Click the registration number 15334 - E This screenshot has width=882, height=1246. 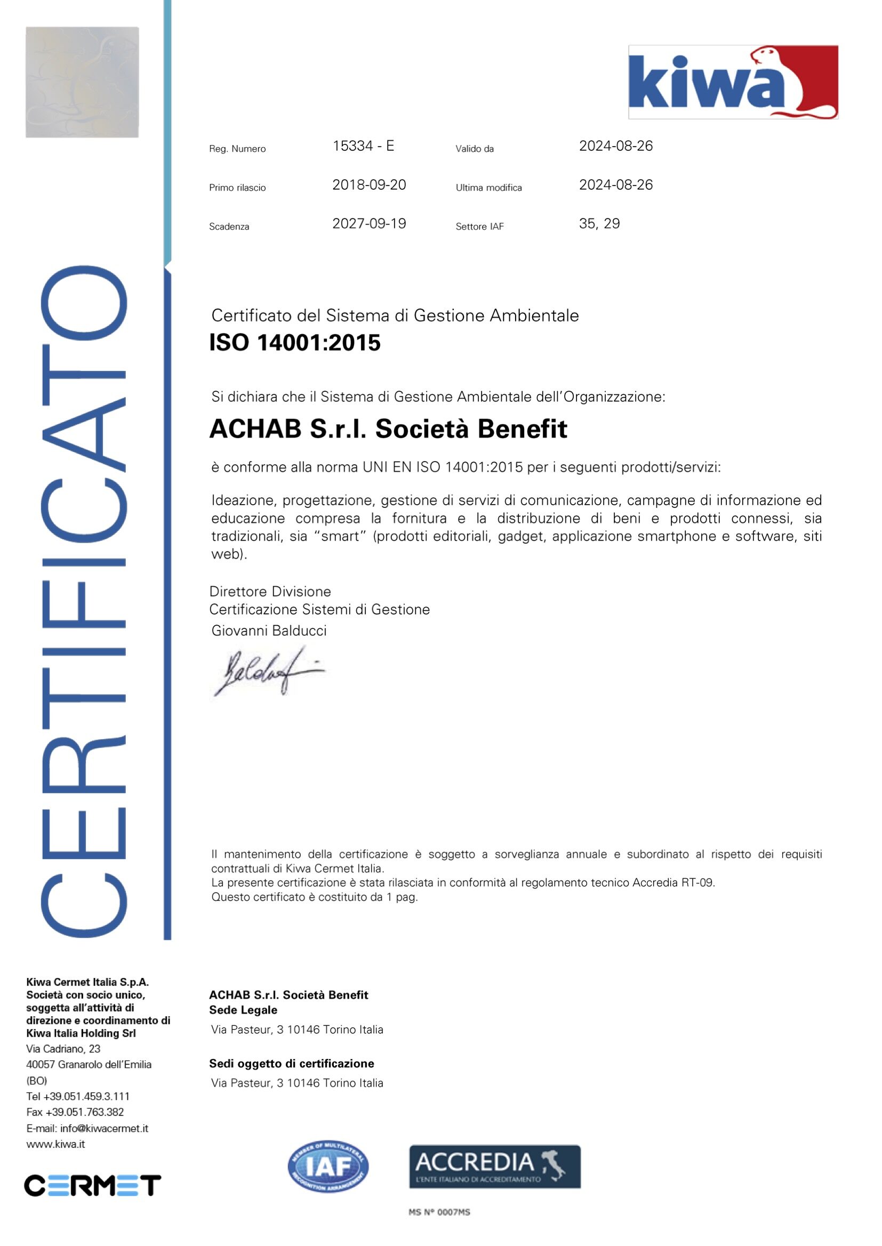pos(363,146)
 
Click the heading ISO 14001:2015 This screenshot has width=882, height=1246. pos(295,343)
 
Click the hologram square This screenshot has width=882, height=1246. pos(82,82)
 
